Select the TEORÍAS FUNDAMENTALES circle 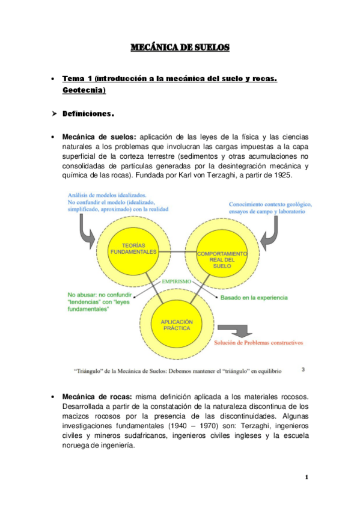tap(133, 248)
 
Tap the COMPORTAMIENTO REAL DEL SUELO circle tap(222, 259)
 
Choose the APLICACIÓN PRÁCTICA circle tap(176, 325)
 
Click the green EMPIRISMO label tap(176, 281)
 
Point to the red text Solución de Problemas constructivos tap(258, 343)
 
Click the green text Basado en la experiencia tap(254, 298)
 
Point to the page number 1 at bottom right tap(307, 478)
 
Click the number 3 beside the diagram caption tap(303, 370)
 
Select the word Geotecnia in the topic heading tap(83, 90)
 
